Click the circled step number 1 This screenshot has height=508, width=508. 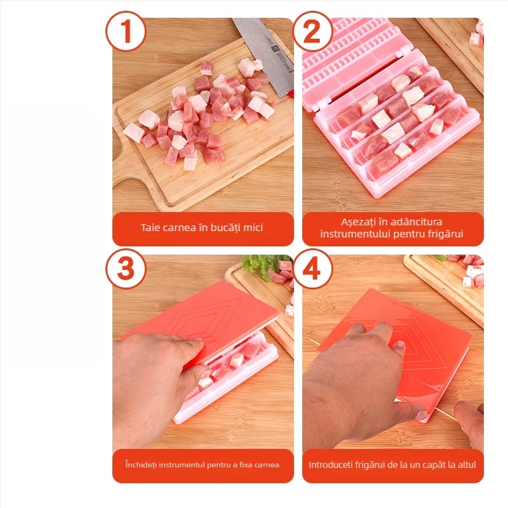click(x=126, y=31)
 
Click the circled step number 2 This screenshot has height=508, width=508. click(x=312, y=31)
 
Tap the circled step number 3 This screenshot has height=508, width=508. click(x=126, y=269)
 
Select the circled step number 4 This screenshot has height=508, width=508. click(x=312, y=269)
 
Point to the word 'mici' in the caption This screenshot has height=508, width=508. click(x=253, y=227)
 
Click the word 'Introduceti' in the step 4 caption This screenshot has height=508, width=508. click(x=330, y=465)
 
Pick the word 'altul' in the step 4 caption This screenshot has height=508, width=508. click(x=467, y=465)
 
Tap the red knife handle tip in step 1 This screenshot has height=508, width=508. click(x=290, y=95)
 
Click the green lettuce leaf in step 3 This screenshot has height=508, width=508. click(x=258, y=265)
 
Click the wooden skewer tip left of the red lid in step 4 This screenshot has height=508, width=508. click(x=310, y=339)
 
